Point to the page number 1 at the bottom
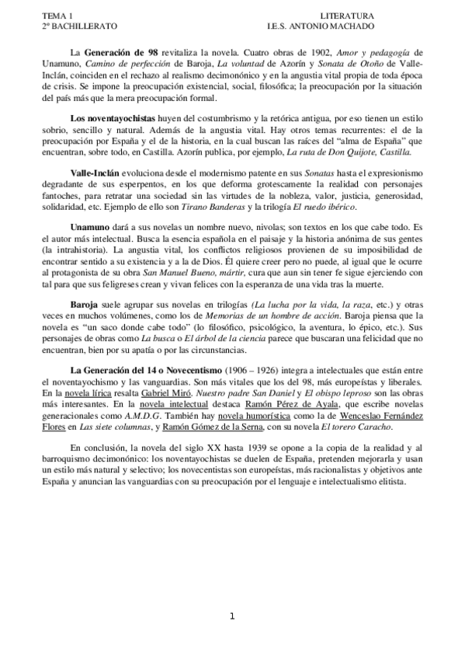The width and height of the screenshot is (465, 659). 232,617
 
